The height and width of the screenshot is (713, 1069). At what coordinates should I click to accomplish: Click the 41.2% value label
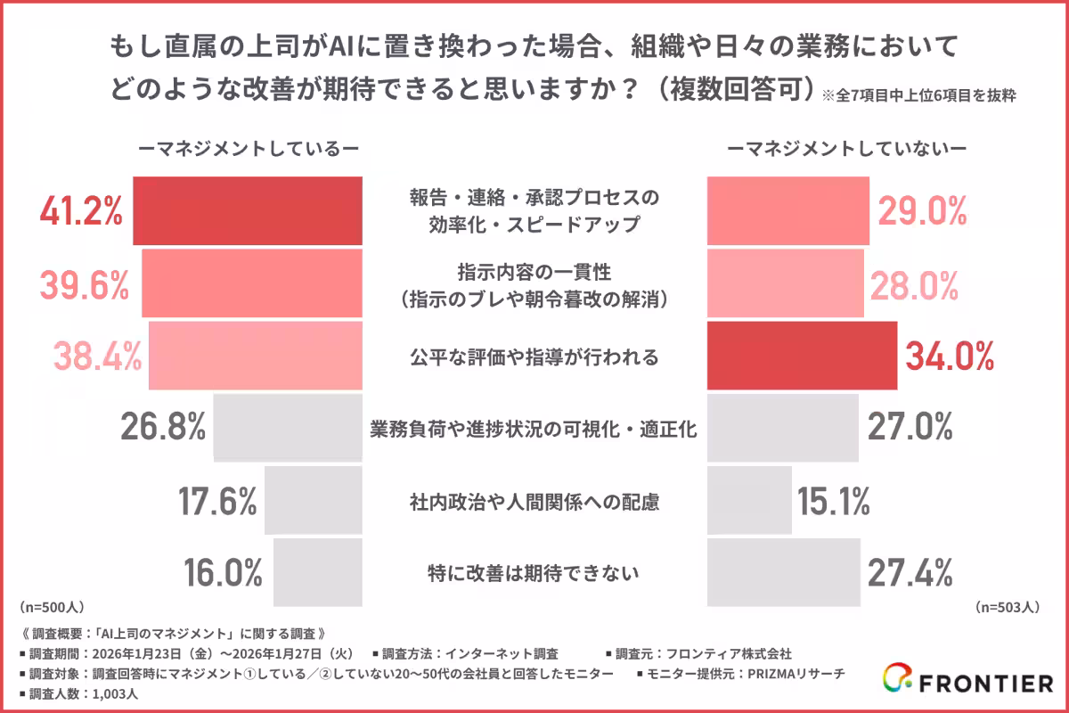[x=81, y=211]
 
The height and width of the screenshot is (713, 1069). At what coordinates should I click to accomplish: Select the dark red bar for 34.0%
[x=802, y=356]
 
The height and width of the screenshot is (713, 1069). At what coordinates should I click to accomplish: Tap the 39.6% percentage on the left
[x=85, y=284]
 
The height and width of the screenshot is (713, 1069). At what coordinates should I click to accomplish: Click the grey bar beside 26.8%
[x=288, y=429]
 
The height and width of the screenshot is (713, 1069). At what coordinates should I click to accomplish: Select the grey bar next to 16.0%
[x=317, y=572]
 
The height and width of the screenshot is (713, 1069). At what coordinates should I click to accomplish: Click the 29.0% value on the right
[x=923, y=211]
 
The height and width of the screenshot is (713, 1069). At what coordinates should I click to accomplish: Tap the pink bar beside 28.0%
[x=785, y=284]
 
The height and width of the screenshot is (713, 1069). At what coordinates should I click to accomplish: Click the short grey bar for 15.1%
[x=749, y=501]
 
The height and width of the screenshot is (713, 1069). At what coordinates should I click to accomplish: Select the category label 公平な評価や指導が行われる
[x=534, y=357]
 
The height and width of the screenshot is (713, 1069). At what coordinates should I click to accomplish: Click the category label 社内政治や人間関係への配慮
[x=534, y=502]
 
